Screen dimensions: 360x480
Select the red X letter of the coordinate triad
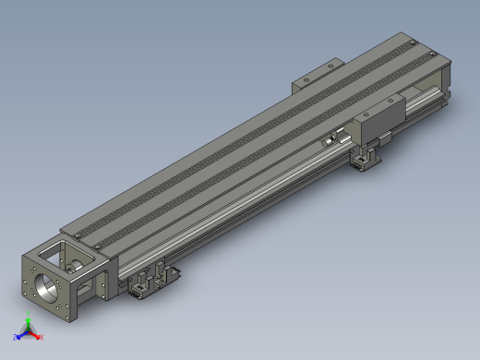41,337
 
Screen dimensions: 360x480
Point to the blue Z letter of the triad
16,337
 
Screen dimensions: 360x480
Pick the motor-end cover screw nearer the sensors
97,248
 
